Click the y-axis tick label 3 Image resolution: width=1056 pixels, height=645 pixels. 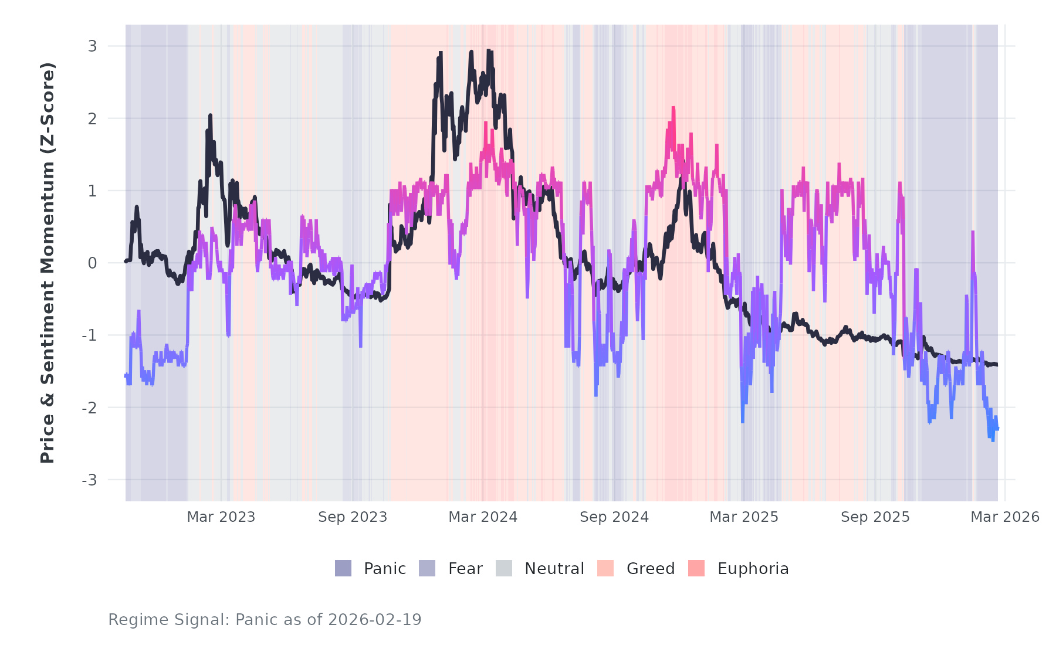(92, 46)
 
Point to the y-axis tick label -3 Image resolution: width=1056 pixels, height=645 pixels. (90, 480)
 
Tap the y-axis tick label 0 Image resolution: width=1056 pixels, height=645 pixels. (92, 263)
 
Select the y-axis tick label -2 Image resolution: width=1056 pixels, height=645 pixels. (90, 408)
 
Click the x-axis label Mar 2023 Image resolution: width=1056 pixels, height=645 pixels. (221, 517)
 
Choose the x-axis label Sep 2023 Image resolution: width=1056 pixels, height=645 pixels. (353, 517)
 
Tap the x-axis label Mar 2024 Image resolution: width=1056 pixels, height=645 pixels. (483, 517)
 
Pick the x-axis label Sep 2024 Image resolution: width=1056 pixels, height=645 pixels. (614, 517)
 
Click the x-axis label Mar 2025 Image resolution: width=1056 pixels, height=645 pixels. (744, 517)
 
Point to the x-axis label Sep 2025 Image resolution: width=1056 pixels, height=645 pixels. (875, 517)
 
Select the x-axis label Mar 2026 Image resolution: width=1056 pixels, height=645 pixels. (1005, 517)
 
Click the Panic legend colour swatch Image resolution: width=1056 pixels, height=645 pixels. (343, 568)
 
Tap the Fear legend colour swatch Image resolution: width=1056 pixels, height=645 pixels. (427, 568)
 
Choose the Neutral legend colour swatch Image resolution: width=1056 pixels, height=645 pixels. (504, 568)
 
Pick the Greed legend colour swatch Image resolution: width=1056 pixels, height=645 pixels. (605, 568)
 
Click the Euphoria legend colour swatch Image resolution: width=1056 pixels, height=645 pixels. (696, 568)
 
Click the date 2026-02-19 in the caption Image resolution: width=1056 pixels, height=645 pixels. (375, 620)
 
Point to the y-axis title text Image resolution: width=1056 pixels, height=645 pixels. (48, 263)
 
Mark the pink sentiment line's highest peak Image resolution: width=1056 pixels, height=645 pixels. (673, 108)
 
